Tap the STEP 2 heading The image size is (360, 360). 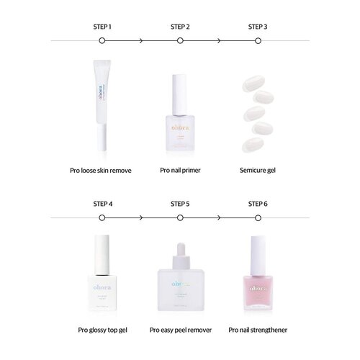click(x=180, y=27)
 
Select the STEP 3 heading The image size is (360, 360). click(x=258, y=27)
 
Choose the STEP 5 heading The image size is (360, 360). click(x=180, y=204)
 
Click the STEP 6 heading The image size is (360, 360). click(x=258, y=204)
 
